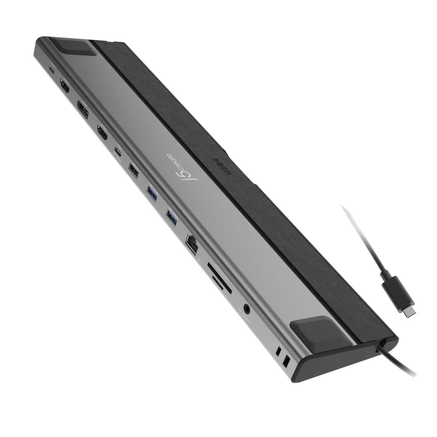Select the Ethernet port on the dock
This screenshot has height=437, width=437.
[x=193, y=242]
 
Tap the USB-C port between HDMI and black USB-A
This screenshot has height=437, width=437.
[x=118, y=150]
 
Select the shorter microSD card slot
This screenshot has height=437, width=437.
[x=217, y=282]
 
